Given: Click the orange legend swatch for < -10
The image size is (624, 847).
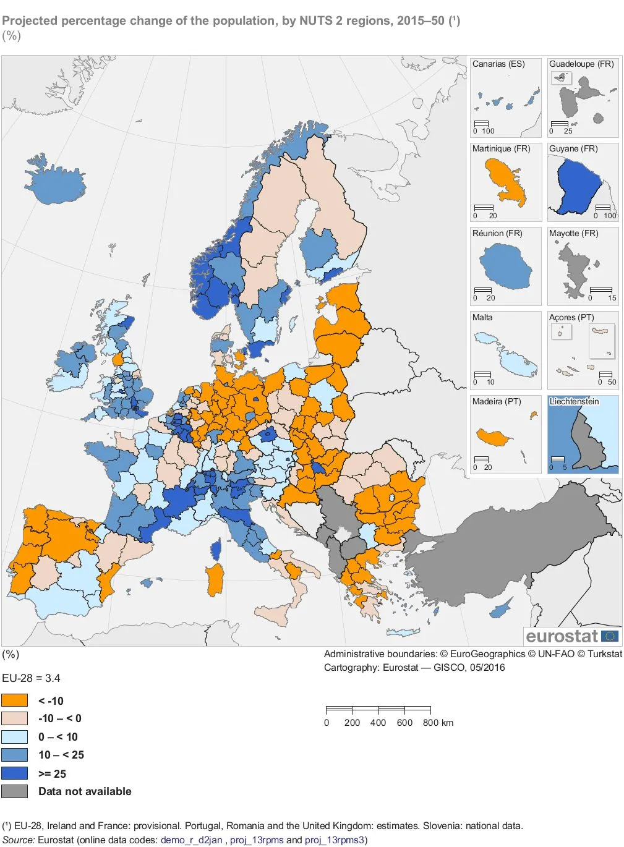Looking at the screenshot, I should click(x=14, y=700).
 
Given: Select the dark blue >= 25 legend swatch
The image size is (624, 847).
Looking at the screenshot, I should click(x=14, y=773).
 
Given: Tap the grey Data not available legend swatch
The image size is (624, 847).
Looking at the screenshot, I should click(x=14, y=791).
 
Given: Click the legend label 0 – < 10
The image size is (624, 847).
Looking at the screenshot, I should click(x=58, y=736).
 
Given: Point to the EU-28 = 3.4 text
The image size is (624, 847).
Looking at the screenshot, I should click(x=31, y=678).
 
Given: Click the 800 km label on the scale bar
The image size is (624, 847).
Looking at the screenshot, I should click(x=438, y=722).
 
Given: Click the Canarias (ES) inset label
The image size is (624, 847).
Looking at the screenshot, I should click(x=498, y=64).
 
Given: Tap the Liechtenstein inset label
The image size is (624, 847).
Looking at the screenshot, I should click(x=574, y=401).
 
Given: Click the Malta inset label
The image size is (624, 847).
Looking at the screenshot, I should click(x=482, y=317).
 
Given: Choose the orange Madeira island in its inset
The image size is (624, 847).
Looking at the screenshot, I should click(x=493, y=438).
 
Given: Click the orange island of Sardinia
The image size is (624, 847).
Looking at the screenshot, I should click(x=215, y=580).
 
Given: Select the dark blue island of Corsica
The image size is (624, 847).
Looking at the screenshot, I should click(x=216, y=550).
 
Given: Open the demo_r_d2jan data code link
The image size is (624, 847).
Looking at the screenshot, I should click(x=191, y=840).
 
